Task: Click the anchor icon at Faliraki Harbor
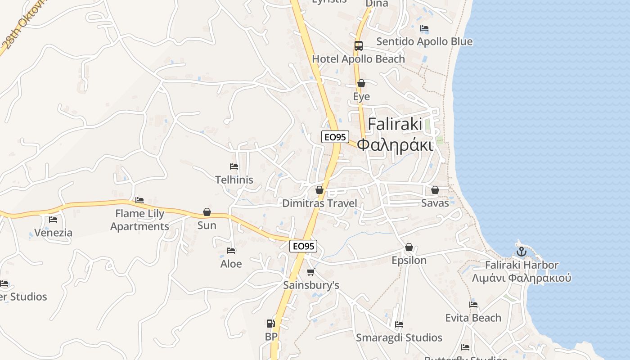point(521,252)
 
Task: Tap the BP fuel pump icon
point(270,323)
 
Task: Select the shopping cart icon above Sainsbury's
point(310,272)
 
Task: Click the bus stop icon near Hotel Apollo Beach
point(358,45)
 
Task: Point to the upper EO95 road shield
point(335,137)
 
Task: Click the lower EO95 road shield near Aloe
point(303,246)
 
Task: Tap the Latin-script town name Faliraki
point(395,124)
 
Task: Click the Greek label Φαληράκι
point(395,145)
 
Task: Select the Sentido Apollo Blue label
point(424,41)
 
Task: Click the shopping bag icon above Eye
point(361,83)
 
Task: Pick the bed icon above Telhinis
point(234,166)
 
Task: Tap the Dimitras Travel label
point(319,203)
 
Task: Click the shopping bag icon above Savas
point(435,190)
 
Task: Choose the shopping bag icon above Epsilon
point(409,247)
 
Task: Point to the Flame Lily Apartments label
point(139,220)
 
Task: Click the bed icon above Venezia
point(53,220)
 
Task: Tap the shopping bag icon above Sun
point(207,211)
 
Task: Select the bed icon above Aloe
point(231,251)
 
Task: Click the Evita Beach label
point(473,318)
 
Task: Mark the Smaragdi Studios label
point(399,337)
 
